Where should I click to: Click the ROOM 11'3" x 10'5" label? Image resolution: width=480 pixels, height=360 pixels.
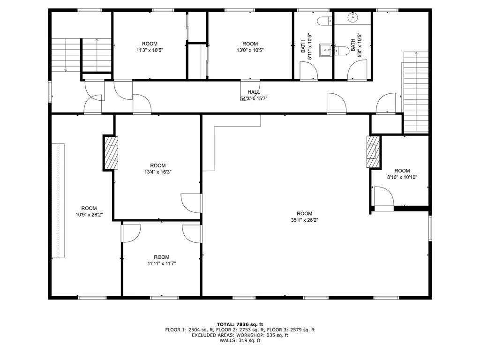150,46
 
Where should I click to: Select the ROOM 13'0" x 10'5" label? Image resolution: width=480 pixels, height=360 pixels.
250,46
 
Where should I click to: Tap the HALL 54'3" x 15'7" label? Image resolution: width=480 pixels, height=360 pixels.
254,95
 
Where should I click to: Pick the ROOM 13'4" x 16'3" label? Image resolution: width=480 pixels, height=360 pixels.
158,168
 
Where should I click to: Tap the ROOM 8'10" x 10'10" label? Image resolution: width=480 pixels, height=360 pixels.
402,174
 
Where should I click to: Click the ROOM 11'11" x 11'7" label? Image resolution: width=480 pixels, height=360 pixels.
161,260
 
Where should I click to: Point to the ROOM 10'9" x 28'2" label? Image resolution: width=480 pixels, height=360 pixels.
89,211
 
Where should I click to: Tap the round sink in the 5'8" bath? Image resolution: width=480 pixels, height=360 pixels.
352,18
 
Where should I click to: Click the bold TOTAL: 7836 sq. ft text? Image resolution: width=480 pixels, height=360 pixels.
240,324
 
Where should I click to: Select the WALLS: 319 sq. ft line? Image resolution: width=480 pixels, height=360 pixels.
240,340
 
